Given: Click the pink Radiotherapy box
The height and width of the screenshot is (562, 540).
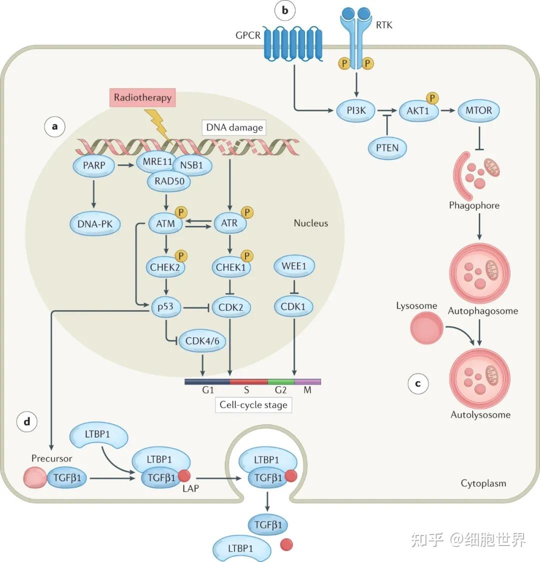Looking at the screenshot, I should pyautogui.click(x=142, y=98).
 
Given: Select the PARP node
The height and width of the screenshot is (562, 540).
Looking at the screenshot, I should pyautogui.click(x=93, y=165).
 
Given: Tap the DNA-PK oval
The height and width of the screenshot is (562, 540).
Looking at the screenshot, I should pyautogui.click(x=95, y=224).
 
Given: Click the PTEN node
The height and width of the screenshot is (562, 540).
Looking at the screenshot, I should pyautogui.click(x=387, y=148).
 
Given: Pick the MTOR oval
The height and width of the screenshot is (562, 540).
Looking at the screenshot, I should pyautogui.click(x=478, y=110).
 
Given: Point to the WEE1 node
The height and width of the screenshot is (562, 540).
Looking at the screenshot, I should pyautogui.click(x=294, y=266).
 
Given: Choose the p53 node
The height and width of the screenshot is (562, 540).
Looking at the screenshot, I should pyautogui.click(x=165, y=307).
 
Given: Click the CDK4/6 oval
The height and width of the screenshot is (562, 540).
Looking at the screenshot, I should pyautogui.click(x=202, y=341).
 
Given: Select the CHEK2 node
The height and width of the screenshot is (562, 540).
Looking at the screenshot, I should pyautogui.click(x=165, y=267).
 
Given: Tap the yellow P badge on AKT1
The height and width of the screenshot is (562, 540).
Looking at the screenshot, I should pyautogui.click(x=432, y=98).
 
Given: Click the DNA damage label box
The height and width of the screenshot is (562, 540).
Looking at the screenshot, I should pyautogui.click(x=234, y=127).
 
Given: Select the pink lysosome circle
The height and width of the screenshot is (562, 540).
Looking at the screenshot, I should pyautogui.click(x=426, y=328).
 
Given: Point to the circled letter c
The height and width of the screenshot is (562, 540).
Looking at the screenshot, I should pyautogui.click(x=418, y=384).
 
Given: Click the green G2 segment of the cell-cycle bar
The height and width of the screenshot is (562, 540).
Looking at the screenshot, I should pyautogui.click(x=281, y=382).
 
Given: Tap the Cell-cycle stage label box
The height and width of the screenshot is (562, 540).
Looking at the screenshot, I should pyautogui.click(x=253, y=405).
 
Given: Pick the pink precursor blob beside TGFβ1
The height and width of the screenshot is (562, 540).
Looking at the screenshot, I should pyautogui.click(x=34, y=478).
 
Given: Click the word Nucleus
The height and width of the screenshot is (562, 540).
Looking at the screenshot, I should pyautogui.click(x=310, y=223).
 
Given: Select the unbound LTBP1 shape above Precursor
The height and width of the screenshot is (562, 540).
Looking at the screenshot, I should pyautogui.click(x=98, y=435).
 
